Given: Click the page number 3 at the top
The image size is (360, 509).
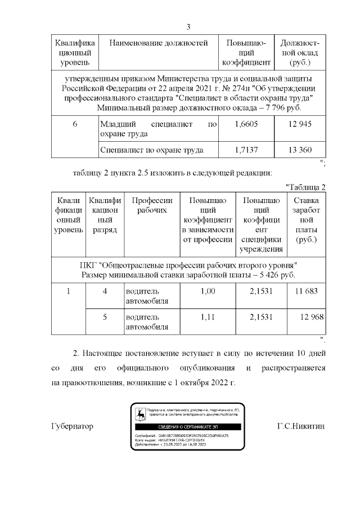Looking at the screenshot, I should click(188, 27).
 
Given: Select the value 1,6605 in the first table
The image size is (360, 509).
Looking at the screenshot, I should click(245, 124).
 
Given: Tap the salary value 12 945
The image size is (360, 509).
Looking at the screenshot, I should click(300, 124).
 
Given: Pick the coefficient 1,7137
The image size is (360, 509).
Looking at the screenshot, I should click(245, 150).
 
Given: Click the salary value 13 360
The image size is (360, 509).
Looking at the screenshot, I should click(300, 150).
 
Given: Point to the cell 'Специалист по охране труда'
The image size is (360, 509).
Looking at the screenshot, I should click(151, 150).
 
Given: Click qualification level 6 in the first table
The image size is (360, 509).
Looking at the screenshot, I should click(74, 124).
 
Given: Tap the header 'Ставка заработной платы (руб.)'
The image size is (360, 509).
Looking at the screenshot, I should click(306, 220).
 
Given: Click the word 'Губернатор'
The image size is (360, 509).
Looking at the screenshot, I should click(72, 426).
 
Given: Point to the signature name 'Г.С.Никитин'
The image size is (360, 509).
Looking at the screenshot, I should click(301, 426).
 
